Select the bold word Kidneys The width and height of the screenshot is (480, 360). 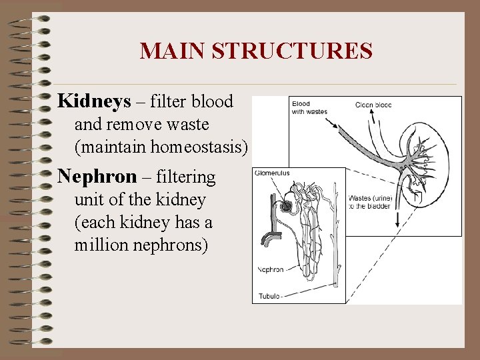94,101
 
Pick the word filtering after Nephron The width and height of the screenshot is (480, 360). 186,177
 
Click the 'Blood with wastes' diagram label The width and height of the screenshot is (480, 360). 309,108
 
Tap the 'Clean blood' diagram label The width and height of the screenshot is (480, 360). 373,105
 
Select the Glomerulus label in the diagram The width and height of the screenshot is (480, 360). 271,173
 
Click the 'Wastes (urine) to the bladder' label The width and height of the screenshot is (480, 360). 371,201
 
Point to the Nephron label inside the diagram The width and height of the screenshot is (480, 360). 271,270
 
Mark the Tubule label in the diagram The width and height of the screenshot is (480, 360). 270,296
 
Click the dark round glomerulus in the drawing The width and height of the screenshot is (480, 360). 287,207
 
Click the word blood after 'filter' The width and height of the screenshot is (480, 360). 211,102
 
